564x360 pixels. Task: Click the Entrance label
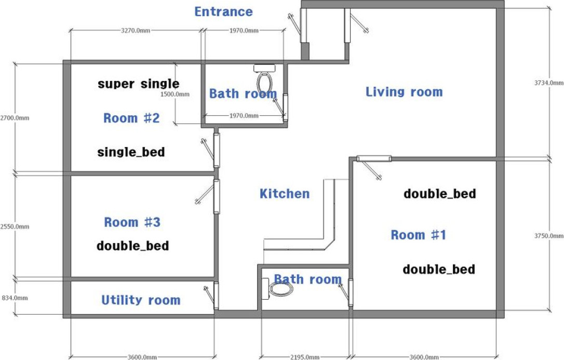[x=223, y=11]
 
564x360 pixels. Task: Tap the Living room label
[x=404, y=92]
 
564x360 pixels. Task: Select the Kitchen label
[x=285, y=193]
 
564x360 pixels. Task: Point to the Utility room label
[x=141, y=300]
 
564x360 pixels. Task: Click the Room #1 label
[x=418, y=235]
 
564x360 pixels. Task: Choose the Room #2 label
[x=131, y=118]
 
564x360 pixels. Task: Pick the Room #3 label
[x=132, y=222]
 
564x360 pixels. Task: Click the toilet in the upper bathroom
[x=264, y=78]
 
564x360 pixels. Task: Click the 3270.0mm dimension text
[x=136, y=31]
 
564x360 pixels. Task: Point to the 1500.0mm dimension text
[x=175, y=94]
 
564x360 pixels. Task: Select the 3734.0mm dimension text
[x=549, y=83]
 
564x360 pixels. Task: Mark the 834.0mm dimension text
[x=15, y=298]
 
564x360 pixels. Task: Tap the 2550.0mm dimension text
[x=15, y=226]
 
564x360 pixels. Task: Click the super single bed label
[x=139, y=84]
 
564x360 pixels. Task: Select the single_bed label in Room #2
[x=131, y=152]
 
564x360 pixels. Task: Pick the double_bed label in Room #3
[x=133, y=246]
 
